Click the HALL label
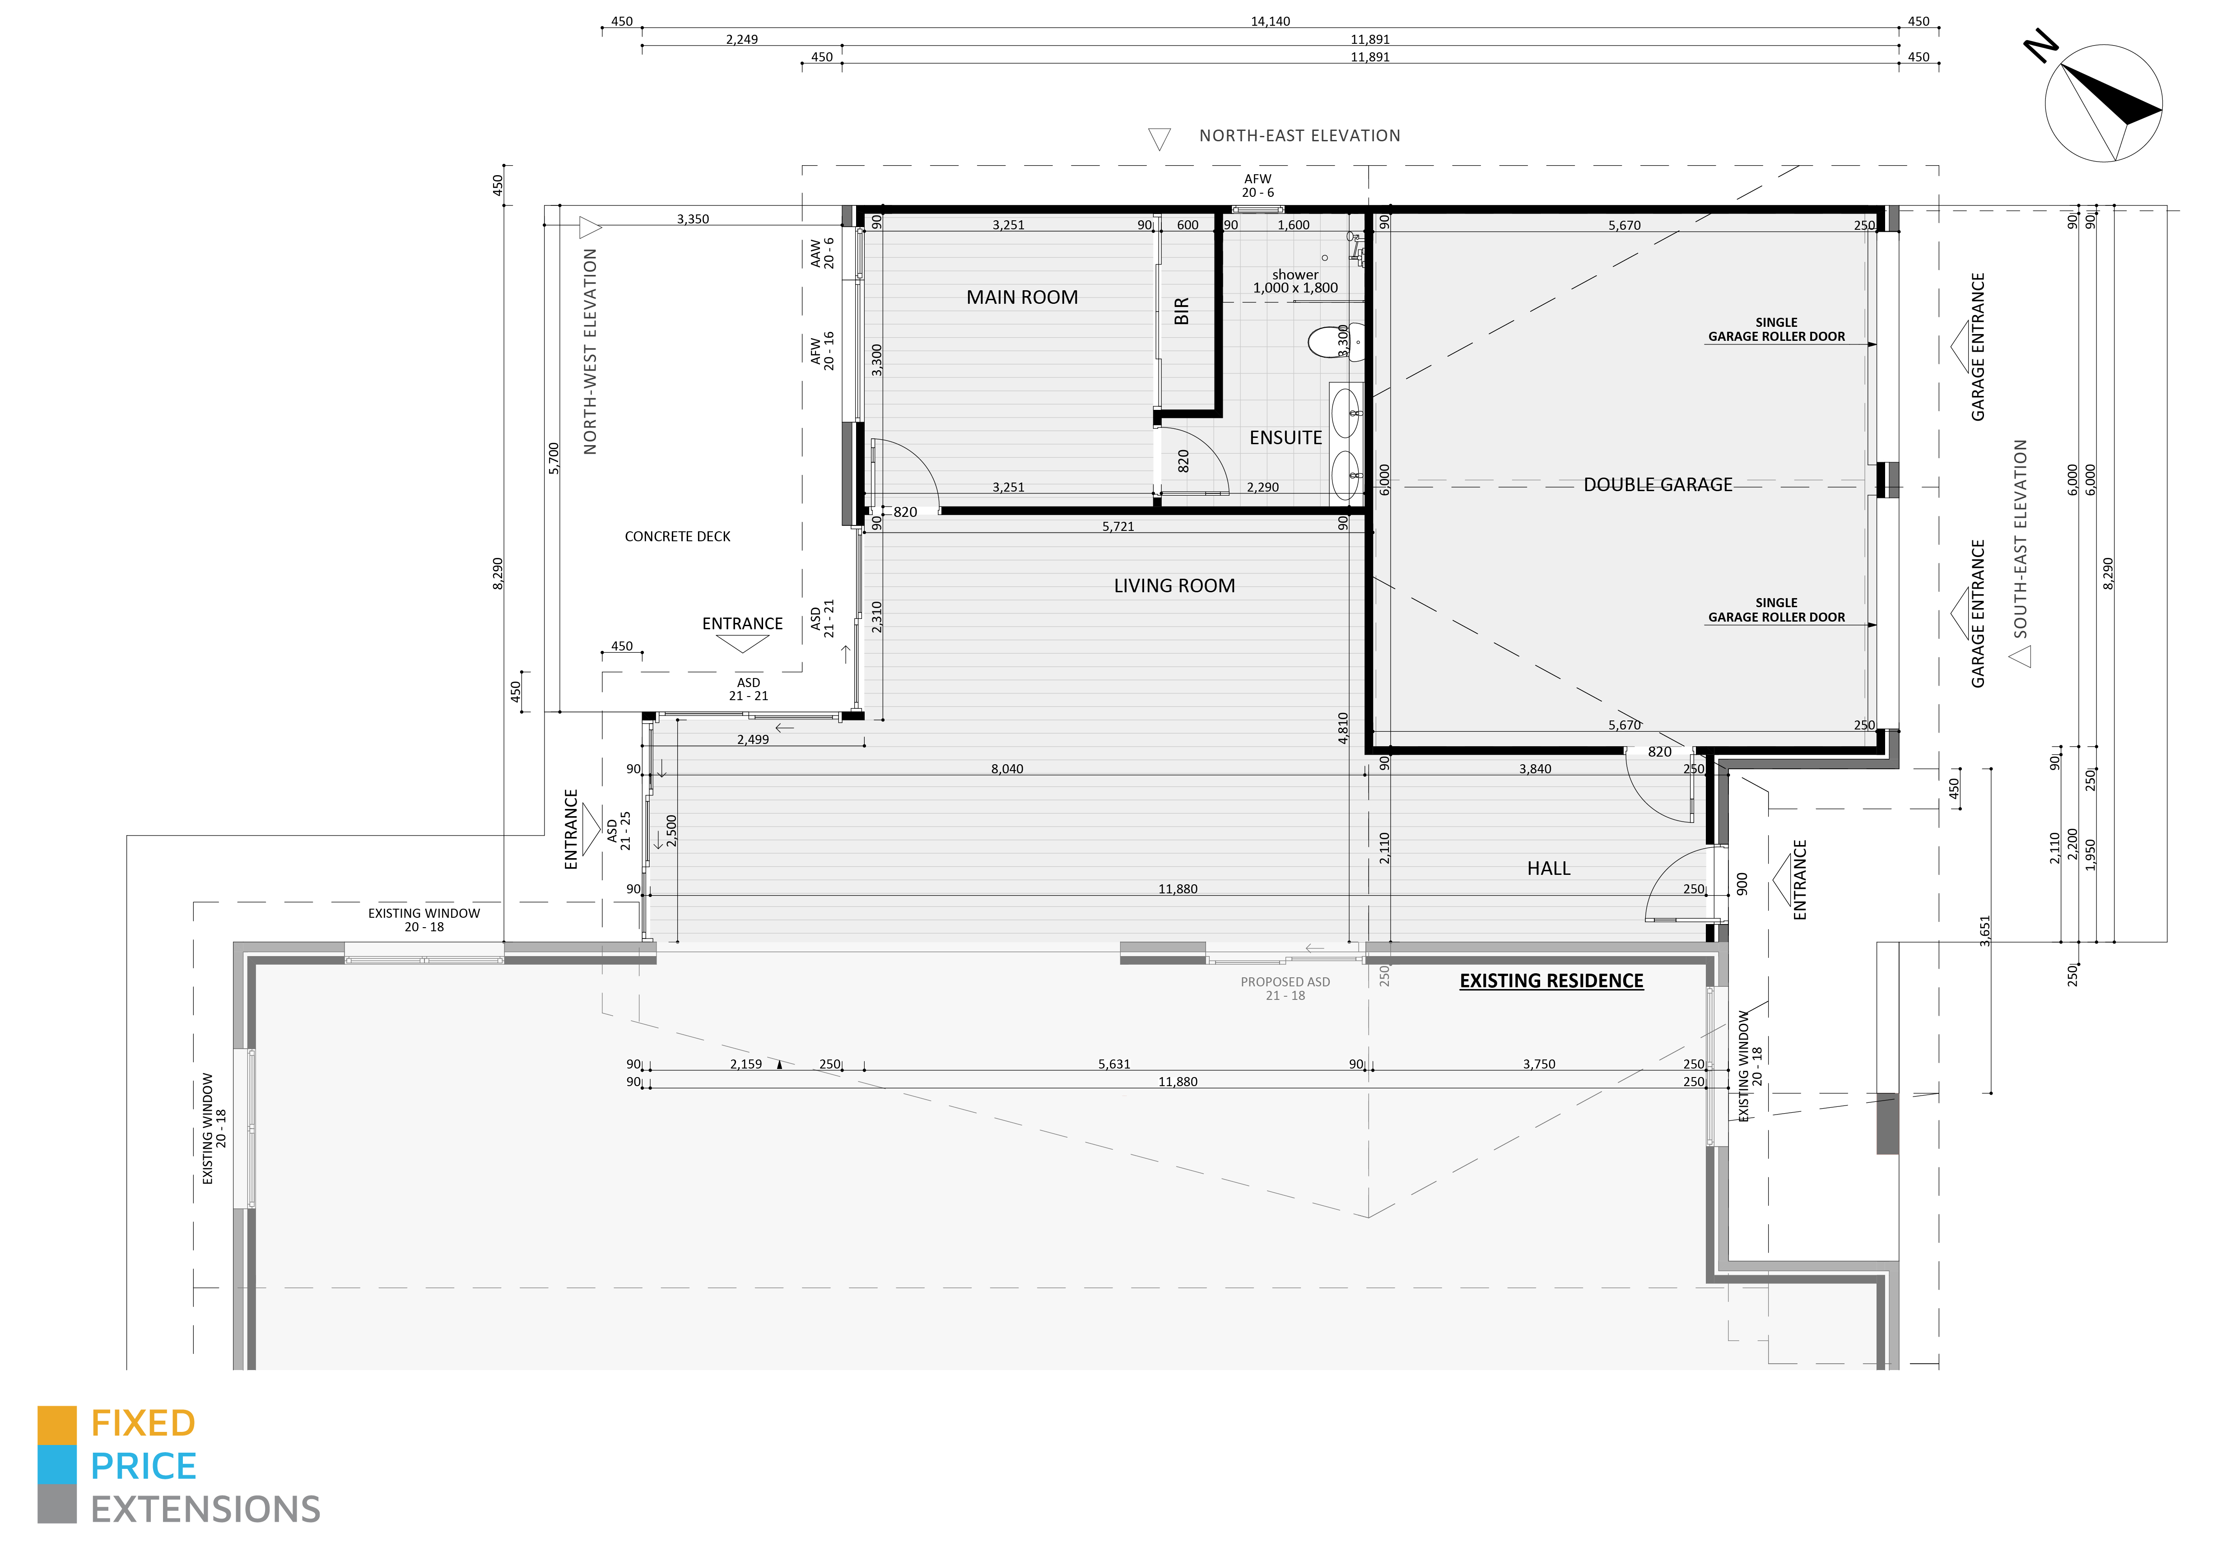[x=1548, y=869]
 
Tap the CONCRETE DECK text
[x=677, y=537]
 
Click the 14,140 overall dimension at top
[x=1270, y=22]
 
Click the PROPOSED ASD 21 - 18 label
[x=1285, y=988]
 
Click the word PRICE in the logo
[x=144, y=1466]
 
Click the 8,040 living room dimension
[x=1007, y=769]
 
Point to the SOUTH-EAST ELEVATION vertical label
[x=2020, y=539]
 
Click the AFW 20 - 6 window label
[x=1257, y=186]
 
